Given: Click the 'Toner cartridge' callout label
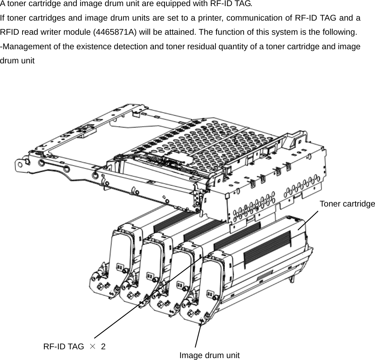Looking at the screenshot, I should coord(347,204).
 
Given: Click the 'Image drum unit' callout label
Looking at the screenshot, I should coord(209,355).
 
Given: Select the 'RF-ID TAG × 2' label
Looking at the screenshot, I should coord(74,346).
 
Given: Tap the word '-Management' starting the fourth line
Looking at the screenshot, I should coord(23,47).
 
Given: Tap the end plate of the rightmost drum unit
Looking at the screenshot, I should coord(214,283).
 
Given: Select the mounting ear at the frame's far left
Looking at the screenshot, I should coord(21,165).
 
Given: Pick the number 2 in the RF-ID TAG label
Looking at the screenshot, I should coord(103,346).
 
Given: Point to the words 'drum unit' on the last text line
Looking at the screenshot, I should coord(17,61).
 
